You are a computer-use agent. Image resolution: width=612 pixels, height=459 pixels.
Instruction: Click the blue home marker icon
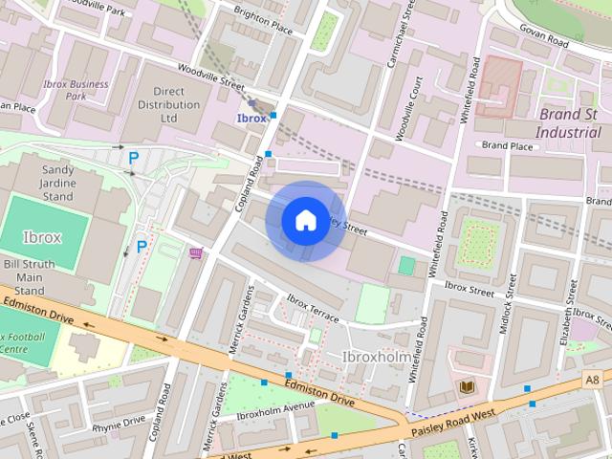[305, 221]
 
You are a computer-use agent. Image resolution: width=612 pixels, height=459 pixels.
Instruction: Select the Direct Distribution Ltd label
[157, 104]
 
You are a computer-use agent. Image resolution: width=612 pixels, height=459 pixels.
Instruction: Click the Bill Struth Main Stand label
[28, 277]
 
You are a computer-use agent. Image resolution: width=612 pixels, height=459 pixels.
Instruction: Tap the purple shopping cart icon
[196, 253]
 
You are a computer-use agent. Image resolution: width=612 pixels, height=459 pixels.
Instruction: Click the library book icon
[467, 386]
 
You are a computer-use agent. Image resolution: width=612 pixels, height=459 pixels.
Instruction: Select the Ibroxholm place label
[377, 358]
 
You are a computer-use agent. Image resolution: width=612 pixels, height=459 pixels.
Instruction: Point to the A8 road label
[592, 380]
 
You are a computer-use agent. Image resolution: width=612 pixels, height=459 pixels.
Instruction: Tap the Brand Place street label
[507, 145]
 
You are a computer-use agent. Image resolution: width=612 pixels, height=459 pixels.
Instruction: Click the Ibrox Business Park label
[76, 90]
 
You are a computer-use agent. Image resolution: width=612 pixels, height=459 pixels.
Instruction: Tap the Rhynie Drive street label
[120, 420]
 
